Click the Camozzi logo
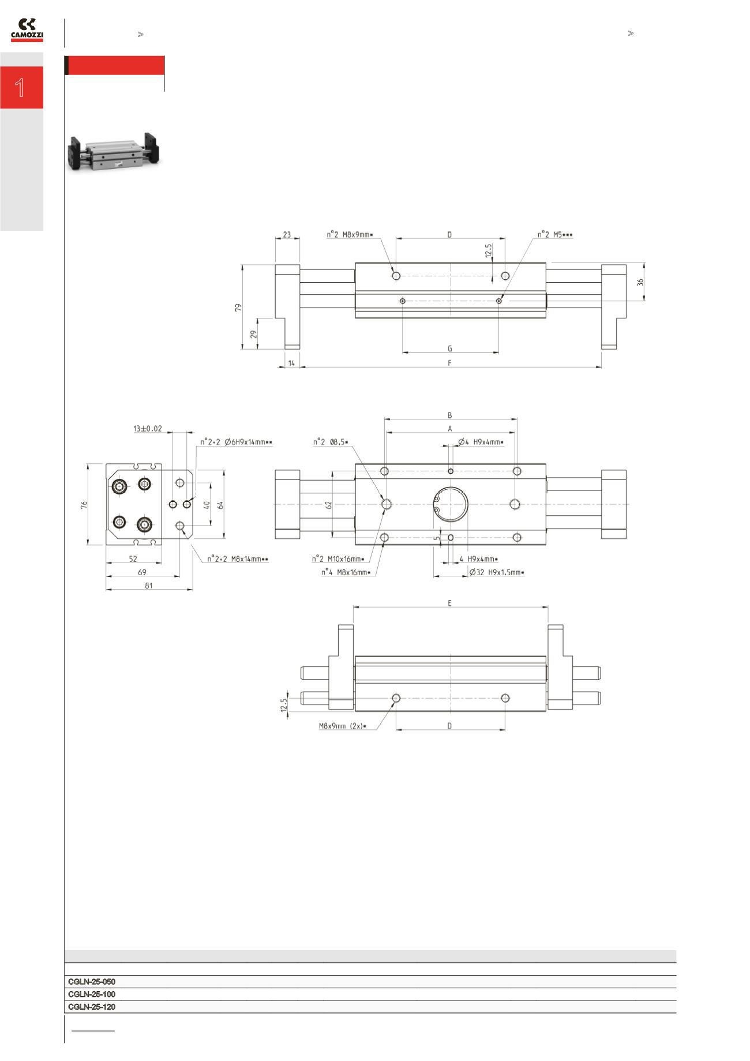coord(27,29)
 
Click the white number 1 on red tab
coord(21,88)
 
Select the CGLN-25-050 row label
coord(92,981)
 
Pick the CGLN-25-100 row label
coord(92,994)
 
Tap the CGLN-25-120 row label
coord(92,1007)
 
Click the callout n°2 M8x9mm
coord(350,235)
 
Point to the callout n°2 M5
coord(555,235)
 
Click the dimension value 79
coord(238,308)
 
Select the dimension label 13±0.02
coord(148,429)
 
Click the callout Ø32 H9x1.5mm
coord(497,572)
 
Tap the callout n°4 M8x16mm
coord(346,572)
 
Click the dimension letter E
coord(450,603)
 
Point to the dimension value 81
coord(148,586)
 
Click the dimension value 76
coord(84,505)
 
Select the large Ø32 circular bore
coord(451,504)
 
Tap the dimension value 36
coord(640,282)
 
